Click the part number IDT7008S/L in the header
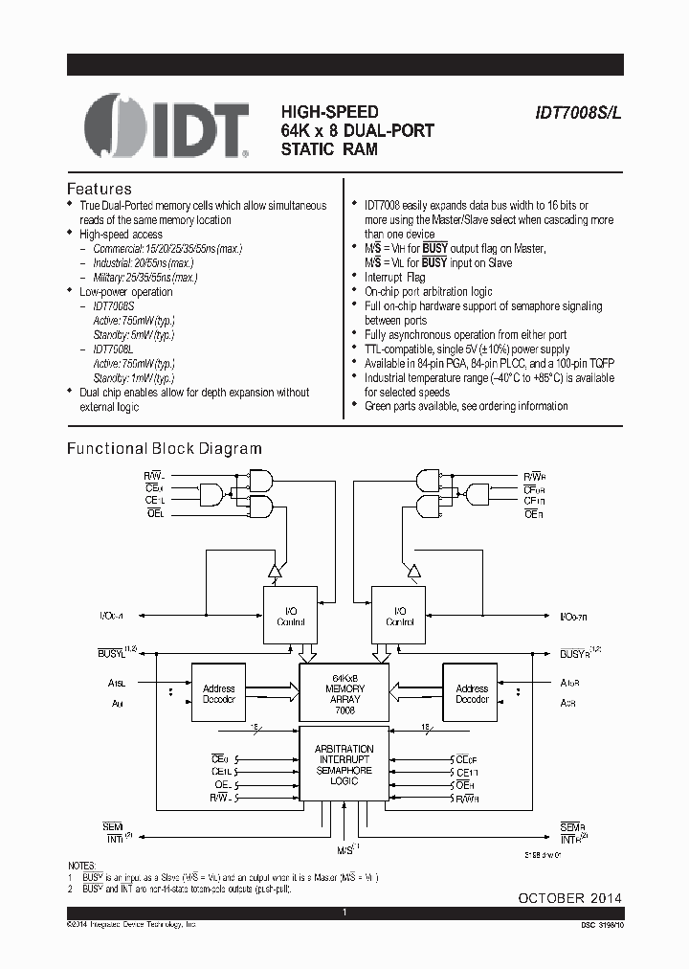(578, 111)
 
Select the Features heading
(99, 189)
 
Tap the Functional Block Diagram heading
(164, 448)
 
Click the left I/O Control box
(290, 616)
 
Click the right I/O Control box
(399, 616)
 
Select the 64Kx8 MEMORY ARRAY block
(344, 694)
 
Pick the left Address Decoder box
(218, 694)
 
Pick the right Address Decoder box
(472, 694)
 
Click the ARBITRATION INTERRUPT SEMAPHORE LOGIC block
(344, 764)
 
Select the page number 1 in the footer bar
(344, 913)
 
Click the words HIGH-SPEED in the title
(329, 111)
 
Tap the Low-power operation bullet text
(126, 291)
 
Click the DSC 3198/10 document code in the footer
(595, 926)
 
